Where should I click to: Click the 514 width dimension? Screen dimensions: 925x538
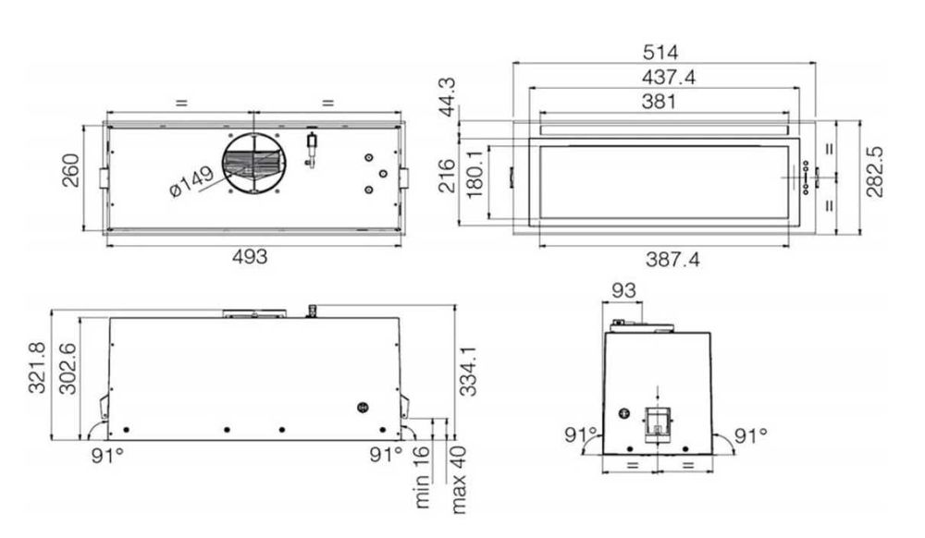[660, 53]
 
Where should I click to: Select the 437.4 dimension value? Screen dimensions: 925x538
[669, 78]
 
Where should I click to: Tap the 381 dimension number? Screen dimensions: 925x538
[659, 102]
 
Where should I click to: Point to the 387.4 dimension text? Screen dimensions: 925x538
[672, 259]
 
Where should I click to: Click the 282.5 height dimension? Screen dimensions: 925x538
[875, 172]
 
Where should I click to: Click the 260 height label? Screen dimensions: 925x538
[71, 170]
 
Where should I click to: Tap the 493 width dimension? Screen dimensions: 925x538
[250, 257]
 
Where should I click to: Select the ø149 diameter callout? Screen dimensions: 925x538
[191, 181]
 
